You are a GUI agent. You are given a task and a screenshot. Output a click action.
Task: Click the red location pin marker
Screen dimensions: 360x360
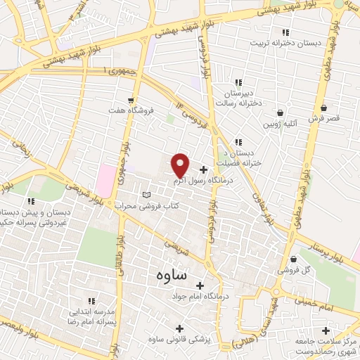tap(180, 165)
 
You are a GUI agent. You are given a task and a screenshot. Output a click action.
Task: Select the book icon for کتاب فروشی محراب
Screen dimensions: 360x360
tap(146, 195)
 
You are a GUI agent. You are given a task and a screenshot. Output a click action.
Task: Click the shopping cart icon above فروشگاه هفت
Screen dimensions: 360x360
tap(132, 101)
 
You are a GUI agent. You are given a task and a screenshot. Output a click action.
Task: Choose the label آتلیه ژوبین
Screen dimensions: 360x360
tap(280, 124)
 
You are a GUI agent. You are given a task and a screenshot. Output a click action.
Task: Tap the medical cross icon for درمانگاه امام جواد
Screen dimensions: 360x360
tap(200, 285)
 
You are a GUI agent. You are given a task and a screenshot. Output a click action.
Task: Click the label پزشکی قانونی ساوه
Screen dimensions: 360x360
tap(180, 340)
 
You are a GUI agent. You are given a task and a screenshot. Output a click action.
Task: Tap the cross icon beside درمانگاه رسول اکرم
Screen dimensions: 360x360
tap(204, 169)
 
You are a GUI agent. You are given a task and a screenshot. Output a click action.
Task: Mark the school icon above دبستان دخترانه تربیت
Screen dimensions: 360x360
tap(285, 32)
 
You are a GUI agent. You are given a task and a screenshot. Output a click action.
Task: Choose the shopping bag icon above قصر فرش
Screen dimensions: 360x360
tap(324, 108)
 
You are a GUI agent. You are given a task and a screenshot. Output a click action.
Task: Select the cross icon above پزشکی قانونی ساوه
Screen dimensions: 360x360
tap(180, 328)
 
